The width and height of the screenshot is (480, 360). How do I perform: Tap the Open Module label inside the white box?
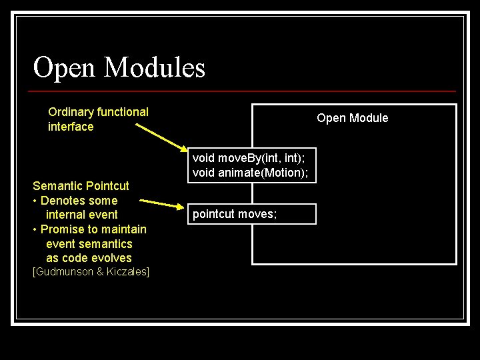(352, 118)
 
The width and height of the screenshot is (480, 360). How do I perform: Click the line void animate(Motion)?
(250, 173)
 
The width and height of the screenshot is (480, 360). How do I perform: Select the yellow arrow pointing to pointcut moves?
(160, 203)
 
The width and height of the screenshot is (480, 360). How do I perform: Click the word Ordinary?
(71, 112)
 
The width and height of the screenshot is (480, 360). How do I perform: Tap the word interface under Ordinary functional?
(71, 127)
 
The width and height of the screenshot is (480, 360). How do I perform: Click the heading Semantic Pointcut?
(81, 185)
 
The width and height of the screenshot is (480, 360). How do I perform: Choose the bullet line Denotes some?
(78, 200)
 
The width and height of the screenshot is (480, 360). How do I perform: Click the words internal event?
(81, 215)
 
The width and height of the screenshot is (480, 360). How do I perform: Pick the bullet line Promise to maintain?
(93, 229)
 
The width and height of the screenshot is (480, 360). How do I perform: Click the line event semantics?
(89, 244)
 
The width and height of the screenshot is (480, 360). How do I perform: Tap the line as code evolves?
(89, 258)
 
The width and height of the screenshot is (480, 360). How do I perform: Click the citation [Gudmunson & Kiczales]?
(91, 272)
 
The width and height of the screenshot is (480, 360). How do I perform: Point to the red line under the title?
(244, 91)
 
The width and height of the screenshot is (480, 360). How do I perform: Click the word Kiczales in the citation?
(128, 272)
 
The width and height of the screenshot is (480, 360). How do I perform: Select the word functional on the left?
(123, 112)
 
